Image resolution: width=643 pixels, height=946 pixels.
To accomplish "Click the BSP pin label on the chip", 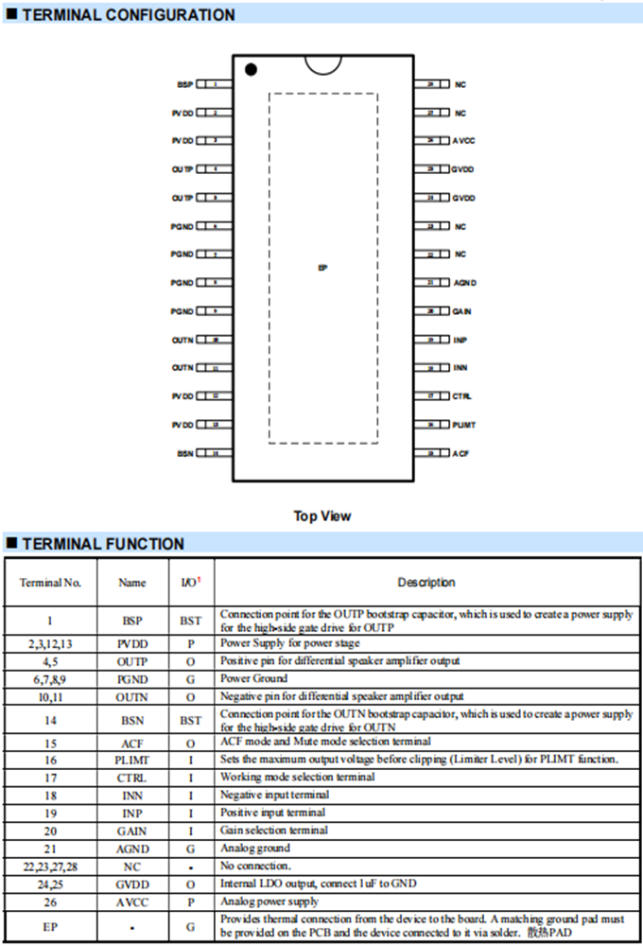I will click(x=184, y=84).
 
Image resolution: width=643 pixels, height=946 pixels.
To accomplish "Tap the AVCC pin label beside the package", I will click(x=463, y=141).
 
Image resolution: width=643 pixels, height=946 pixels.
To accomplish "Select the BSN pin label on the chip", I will click(x=184, y=454).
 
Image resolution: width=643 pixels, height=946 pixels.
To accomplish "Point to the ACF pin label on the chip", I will click(x=461, y=454).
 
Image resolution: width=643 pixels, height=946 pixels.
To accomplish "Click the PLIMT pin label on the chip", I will click(x=463, y=425).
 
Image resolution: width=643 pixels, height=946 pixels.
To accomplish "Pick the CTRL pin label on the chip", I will click(x=461, y=396).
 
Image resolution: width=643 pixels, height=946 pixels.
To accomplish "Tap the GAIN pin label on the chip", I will click(x=461, y=311).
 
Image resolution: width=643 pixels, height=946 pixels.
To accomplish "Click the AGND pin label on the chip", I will click(x=463, y=283).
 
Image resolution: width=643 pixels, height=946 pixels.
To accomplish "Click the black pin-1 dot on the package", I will click(x=251, y=69).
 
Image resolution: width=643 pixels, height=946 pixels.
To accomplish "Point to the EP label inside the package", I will click(x=322, y=269).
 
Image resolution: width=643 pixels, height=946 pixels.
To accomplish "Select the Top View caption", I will click(x=322, y=516).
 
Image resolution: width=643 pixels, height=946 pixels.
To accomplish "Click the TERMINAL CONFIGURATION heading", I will click(x=128, y=15).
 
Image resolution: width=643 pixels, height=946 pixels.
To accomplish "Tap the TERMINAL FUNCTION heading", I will click(x=103, y=544).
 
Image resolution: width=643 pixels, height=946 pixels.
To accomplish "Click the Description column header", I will click(x=426, y=583).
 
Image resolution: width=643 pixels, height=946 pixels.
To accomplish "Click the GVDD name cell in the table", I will click(x=131, y=884).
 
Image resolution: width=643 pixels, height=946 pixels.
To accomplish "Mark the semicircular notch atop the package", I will click(x=322, y=61).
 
